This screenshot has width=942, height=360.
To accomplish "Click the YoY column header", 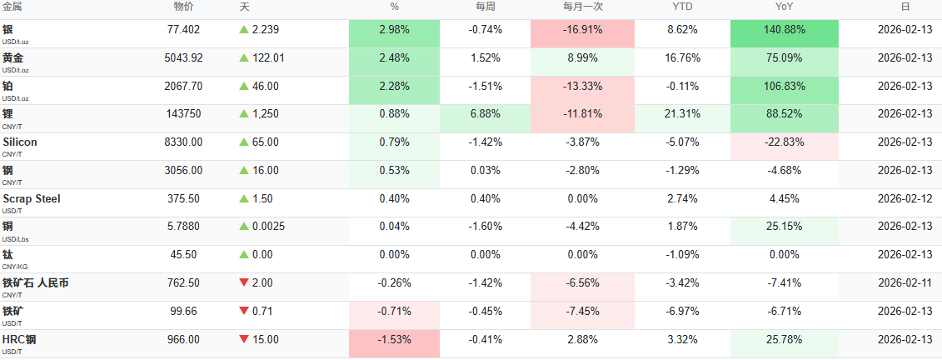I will (x=784, y=7).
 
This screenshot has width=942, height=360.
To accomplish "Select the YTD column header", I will (x=682, y=7).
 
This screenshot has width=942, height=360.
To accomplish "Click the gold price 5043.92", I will (x=184, y=58).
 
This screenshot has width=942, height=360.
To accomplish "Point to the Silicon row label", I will (x=20, y=142).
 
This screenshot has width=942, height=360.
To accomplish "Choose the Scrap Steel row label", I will (x=32, y=199).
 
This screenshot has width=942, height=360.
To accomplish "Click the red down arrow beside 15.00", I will (x=244, y=340).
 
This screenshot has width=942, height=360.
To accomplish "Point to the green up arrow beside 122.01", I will (x=244, y=58).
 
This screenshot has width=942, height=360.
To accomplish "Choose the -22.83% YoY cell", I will (x=784, y=142).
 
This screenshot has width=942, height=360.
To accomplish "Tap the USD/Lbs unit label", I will (x=17, y=238).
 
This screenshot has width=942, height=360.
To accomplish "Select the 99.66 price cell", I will (x=184, y=312).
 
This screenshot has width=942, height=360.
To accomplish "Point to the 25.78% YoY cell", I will (x=784, y=340).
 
